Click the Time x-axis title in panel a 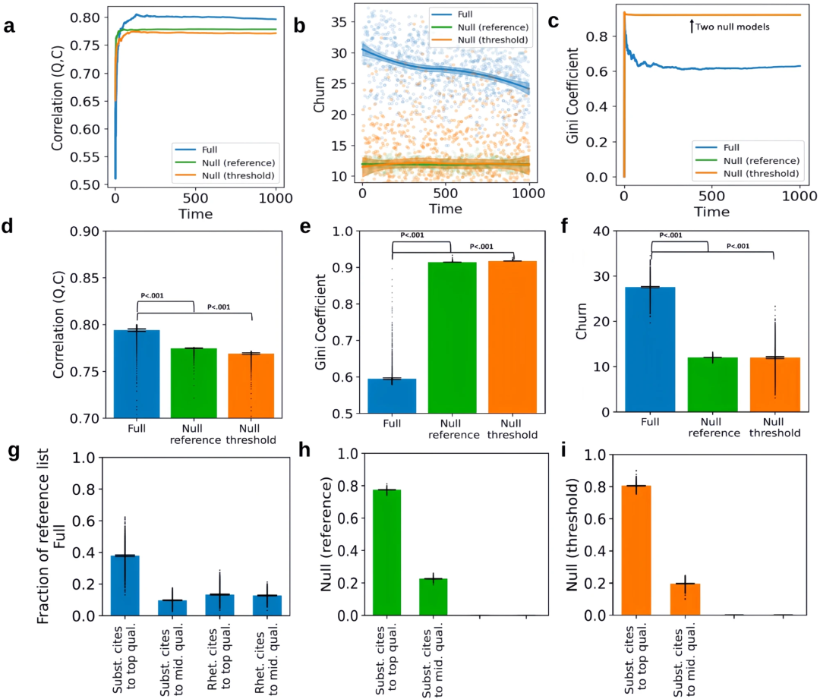(x=196, y=215)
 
